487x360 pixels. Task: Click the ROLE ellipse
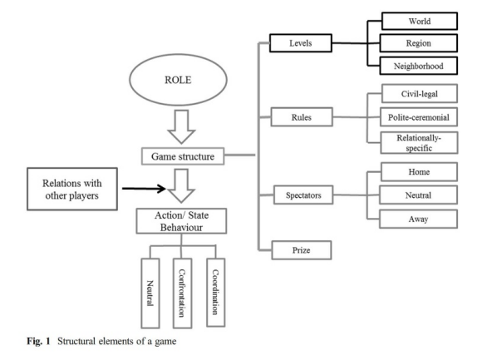pos(178,80)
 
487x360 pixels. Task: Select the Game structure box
pos(183,156)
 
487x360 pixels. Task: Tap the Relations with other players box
pos(72,190)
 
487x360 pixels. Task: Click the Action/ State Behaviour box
pos(181,221)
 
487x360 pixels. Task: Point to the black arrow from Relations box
pos(144,189)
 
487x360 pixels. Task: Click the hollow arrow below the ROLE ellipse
pos(181,126)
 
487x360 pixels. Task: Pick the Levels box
pos(301,43)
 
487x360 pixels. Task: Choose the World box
pos(420,21)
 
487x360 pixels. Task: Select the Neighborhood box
pos(419,66)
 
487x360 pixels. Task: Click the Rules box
pos(302,117)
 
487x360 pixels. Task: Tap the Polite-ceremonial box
pos(419,117)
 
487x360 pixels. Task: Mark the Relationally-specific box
pos(419,143)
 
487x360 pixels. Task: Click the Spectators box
pos(303,195)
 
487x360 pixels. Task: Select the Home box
pos(420,172)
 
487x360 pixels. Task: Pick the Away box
pos(418,219)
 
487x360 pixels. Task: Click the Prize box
pos(302,250)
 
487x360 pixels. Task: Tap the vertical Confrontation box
pos(182,293)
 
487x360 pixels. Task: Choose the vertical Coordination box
pos(216,293)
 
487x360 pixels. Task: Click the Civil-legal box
pos(420,93)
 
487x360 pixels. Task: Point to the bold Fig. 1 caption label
pos(38,341)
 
